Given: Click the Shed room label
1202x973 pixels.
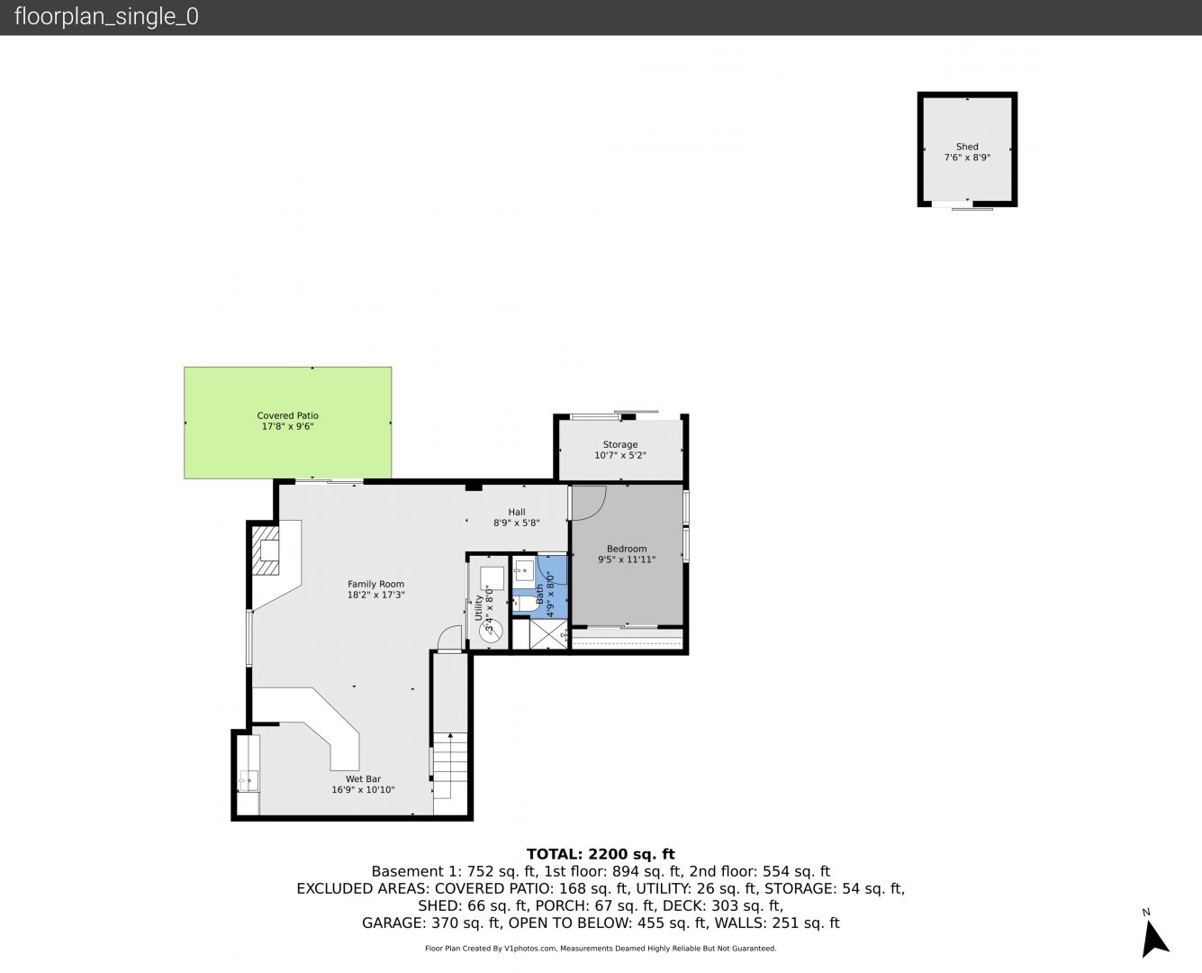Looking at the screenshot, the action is coord(967,146).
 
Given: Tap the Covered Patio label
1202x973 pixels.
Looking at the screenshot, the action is coord(287,415).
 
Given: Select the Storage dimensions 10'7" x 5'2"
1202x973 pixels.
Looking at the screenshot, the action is coord(620,455).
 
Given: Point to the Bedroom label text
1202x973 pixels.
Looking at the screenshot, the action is coord(627,549).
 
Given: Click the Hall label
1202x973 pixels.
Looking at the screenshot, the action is coord(516,513).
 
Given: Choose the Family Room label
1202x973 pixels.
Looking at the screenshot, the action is coord(375,584).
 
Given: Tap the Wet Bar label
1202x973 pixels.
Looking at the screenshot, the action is coord(363,778).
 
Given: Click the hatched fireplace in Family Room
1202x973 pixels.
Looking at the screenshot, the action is coord(266,550).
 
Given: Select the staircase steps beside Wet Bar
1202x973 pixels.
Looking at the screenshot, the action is coord(450,766).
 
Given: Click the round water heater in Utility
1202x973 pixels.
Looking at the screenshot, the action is coord(491,630).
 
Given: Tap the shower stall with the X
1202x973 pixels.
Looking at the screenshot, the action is coord(548,633).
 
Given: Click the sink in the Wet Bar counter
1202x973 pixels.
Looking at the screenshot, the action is coord(249,781).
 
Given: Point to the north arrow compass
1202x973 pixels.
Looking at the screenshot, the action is coord(1154,938).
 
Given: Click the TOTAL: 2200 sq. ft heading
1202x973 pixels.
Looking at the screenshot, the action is coord(601,854).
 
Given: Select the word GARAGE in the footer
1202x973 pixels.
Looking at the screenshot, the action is coord(393,923).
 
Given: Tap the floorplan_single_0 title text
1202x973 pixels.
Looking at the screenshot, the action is coord(106,16).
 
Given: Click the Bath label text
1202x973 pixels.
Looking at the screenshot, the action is coord(539,594).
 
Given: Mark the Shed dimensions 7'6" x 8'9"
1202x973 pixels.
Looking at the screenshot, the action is coord(967,158).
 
